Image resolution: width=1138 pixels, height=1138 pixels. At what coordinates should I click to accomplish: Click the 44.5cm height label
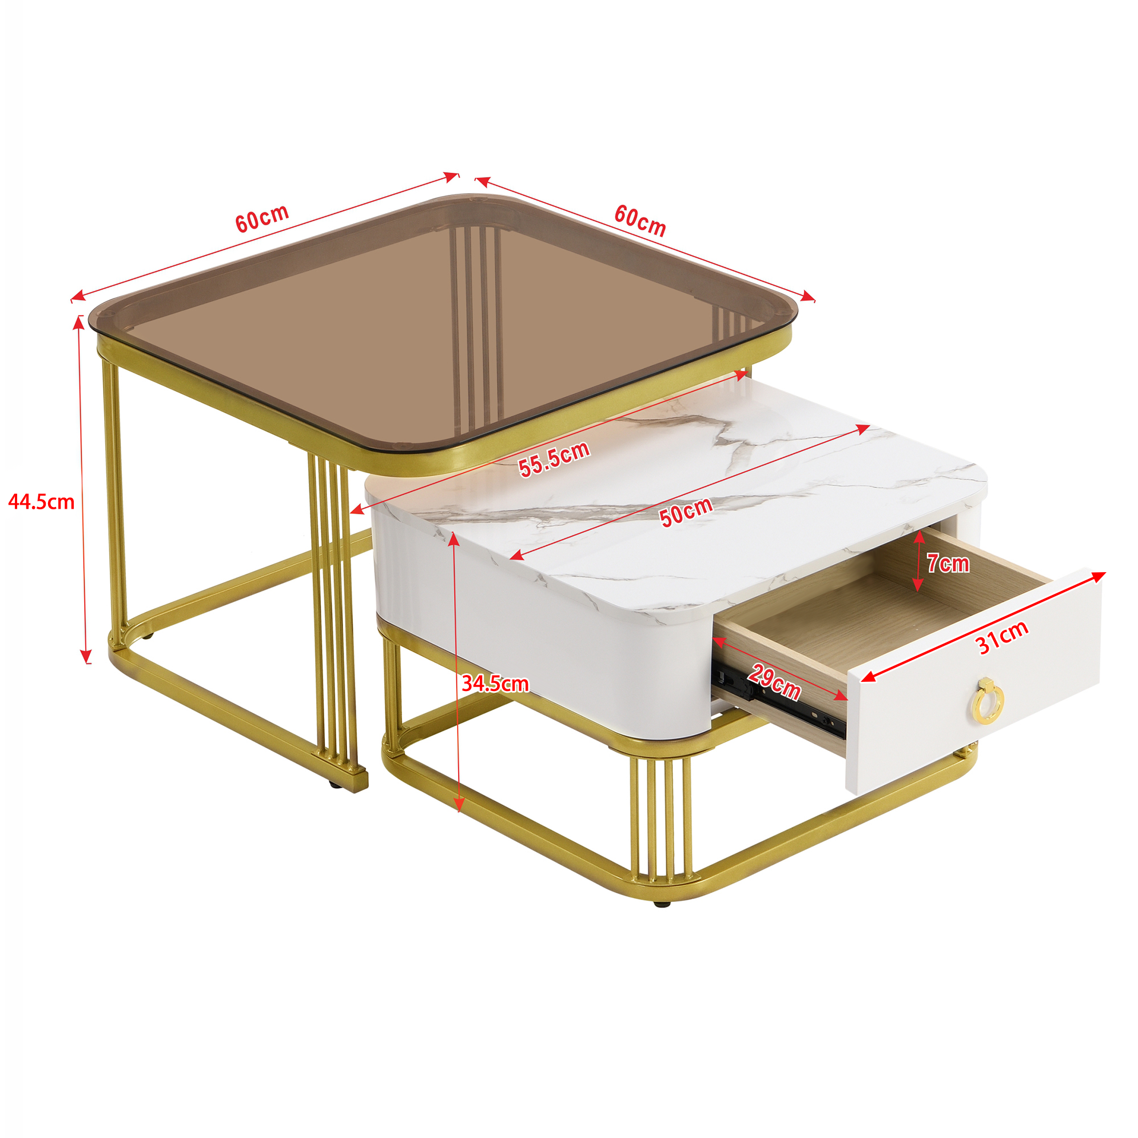point(41,502)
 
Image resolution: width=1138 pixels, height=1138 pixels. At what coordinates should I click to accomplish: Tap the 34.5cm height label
point(495,684)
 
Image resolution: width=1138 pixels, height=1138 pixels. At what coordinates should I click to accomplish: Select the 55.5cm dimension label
point(554,458)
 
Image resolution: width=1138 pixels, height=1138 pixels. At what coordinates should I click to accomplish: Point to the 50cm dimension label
point(686,512)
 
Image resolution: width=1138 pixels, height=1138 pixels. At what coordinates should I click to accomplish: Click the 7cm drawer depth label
point(948,564)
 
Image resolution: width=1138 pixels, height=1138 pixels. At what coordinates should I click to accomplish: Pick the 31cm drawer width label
point(1003,637)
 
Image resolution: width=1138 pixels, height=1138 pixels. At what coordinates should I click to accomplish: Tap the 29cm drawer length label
point(775,682)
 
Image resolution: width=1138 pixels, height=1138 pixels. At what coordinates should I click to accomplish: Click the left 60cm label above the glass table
point(262,218)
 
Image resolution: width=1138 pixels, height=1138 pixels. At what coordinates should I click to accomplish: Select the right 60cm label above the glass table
point(640,220)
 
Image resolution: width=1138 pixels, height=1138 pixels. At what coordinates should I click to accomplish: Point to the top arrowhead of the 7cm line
point(919,536)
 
